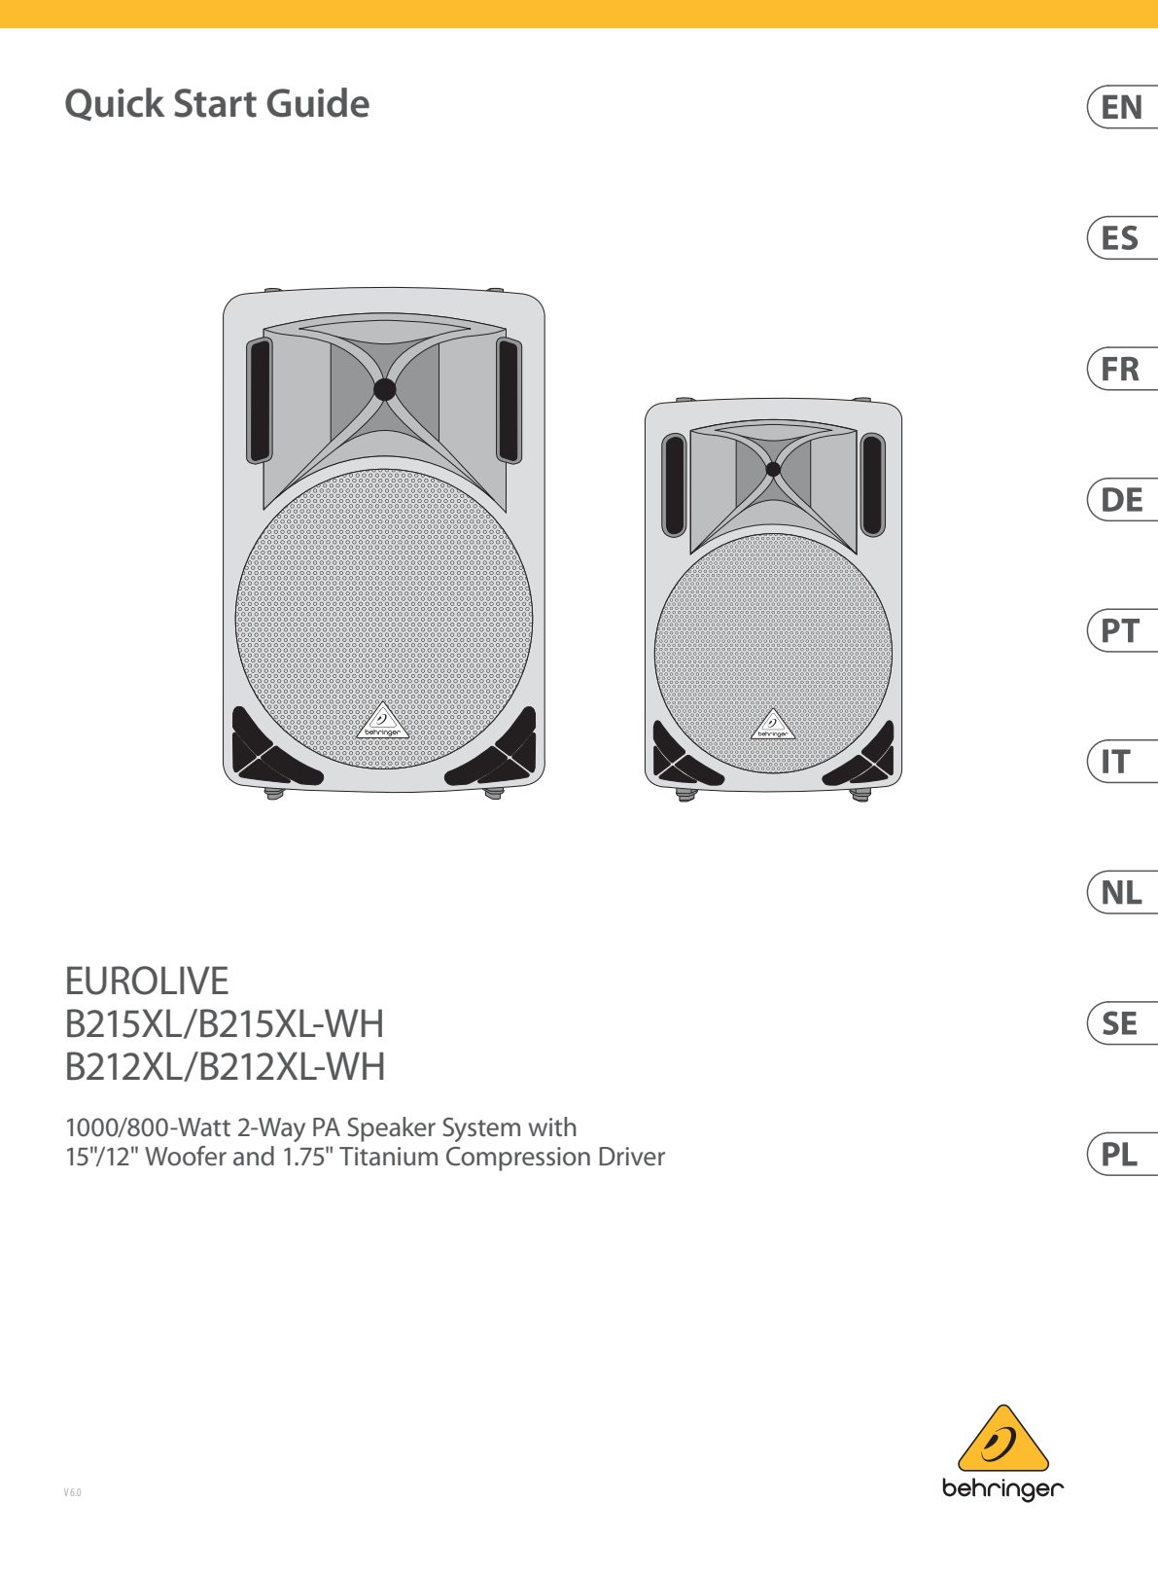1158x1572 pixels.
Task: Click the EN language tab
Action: [x=1122, y=107]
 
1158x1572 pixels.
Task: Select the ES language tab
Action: [x=1122, y=238]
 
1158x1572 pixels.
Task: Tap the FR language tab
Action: [x=1122, y=369]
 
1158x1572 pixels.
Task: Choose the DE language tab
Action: [x=1122, y=500]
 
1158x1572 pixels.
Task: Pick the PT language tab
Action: [x=1122, y=630]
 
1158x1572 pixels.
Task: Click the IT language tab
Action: [x=1122, y=762]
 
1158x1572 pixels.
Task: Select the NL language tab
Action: [x=1122, y=893]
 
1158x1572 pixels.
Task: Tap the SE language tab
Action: [x=1122, y=1023]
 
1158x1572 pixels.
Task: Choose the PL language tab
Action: [x=1122, y=1154]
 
